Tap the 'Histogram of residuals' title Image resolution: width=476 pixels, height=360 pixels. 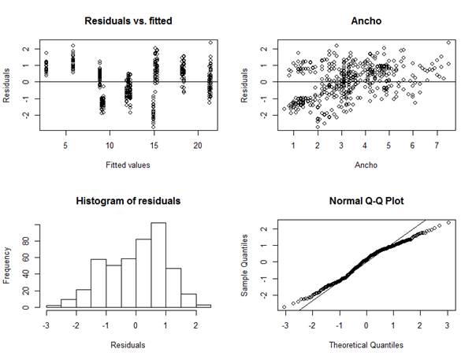coord(128,201)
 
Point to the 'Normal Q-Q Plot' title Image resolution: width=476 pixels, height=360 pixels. coord(366,201)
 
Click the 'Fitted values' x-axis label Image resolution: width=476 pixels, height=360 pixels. coord(128,165)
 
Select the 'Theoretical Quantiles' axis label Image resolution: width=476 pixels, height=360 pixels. coord(366,345)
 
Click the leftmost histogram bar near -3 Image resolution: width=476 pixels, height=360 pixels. coord(54,306)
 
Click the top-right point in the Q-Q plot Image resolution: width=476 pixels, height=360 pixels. coord(448,223)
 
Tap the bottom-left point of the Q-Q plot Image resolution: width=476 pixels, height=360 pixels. coord(284,306)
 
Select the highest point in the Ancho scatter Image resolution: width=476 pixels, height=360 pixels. coord(448,43)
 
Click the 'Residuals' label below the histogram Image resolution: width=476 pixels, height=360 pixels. coord(128,345)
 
